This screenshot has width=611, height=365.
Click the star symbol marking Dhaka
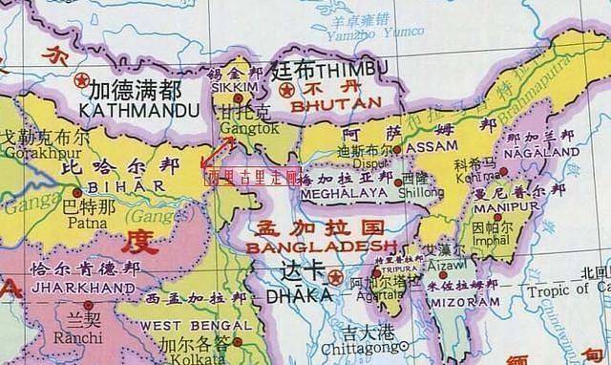pyautogui.click(x=334, y=277)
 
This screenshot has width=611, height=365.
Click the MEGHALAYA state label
pyautogui.click(x=338, y=192)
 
